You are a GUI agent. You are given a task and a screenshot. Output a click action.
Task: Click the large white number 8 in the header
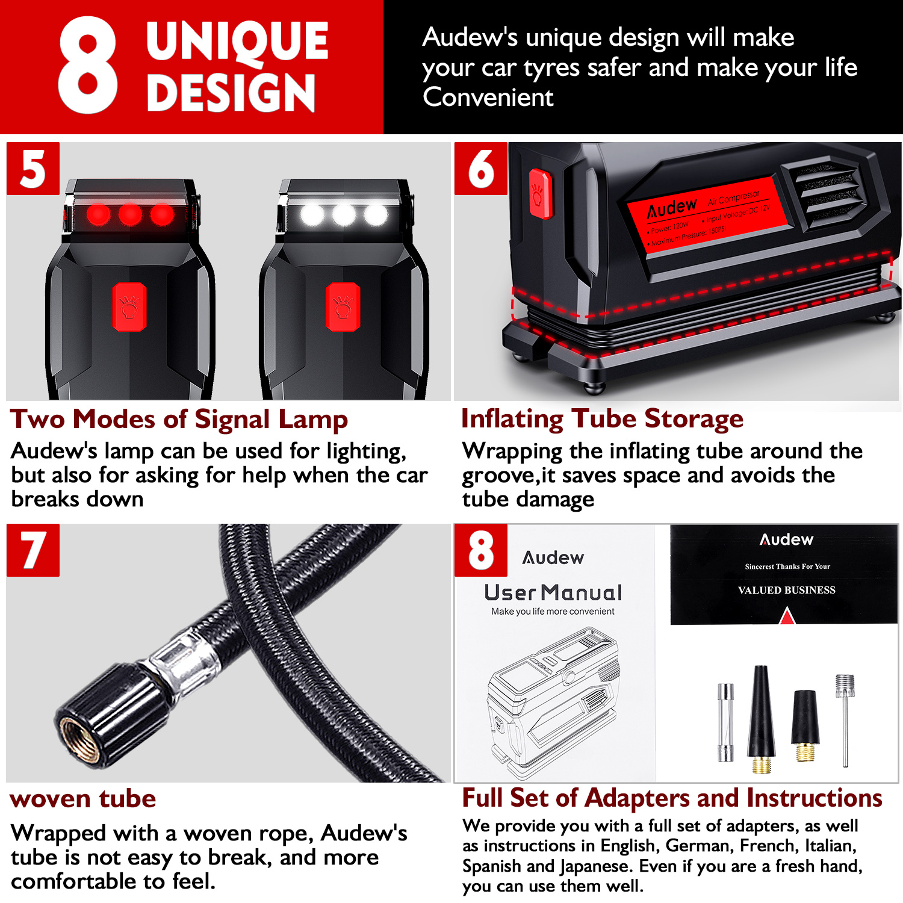point(88,65)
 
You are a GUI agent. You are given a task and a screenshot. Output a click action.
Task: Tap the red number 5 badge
point(33,169)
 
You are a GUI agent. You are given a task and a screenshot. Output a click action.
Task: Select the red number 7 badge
point(33,550)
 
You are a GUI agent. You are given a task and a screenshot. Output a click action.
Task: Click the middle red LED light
point(130,214)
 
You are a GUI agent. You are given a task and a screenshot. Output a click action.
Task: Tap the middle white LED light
point(344,214)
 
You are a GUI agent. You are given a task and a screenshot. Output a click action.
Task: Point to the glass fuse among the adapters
point(726,722)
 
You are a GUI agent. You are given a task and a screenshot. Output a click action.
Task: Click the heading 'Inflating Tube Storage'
point(602,419)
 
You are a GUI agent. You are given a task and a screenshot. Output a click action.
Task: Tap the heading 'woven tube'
point(83,799)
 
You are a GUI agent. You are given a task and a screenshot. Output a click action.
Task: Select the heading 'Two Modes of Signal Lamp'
point(179,420)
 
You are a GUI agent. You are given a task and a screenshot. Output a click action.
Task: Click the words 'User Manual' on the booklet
point(553,593)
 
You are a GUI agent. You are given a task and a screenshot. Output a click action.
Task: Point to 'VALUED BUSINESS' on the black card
point(787,590)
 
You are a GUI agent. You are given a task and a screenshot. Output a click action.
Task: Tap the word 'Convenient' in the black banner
point(488,97)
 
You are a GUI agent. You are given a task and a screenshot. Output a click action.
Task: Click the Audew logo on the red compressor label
point(672,208)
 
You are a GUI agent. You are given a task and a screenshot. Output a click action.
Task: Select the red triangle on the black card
point(787,616)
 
